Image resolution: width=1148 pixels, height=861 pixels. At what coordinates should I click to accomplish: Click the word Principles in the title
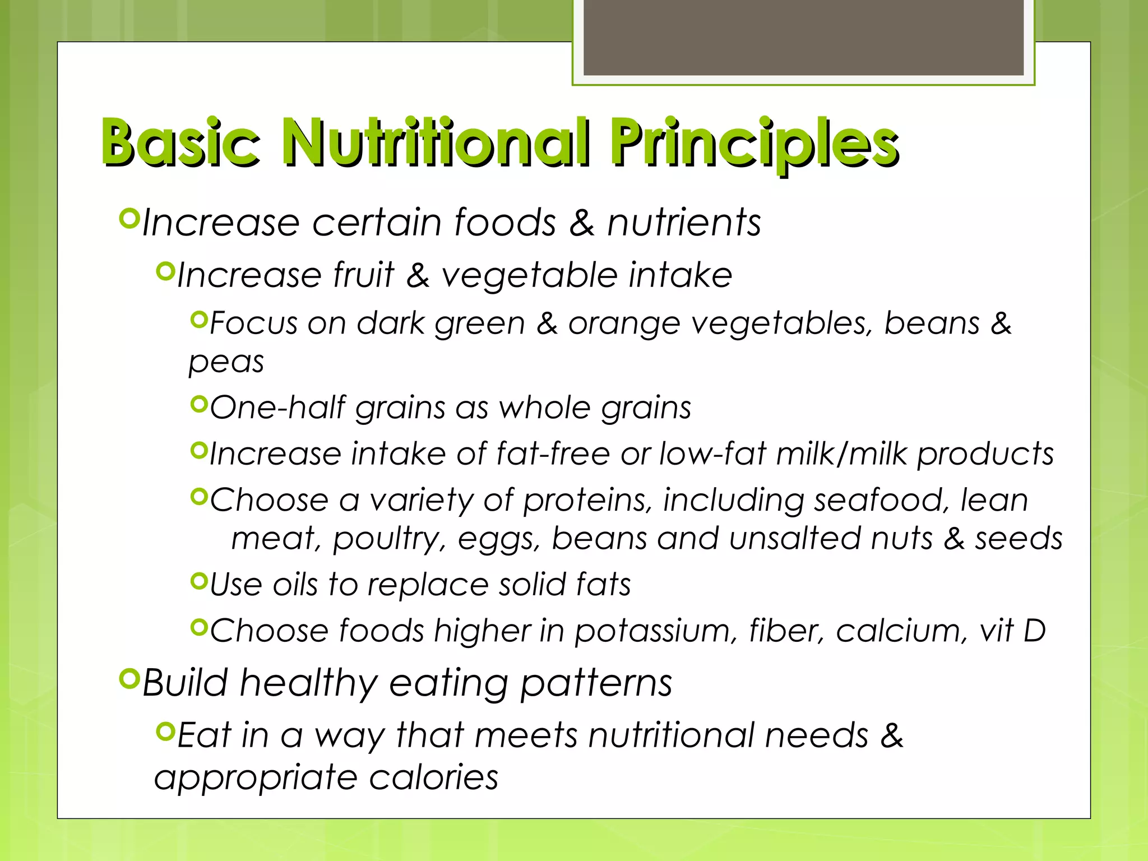point(754,143)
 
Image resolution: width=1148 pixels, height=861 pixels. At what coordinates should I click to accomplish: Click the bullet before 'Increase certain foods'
point(129,218)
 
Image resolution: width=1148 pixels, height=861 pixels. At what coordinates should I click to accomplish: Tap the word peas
point(226,362)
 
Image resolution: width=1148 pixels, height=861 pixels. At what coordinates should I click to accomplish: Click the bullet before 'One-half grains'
point(199,404)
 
